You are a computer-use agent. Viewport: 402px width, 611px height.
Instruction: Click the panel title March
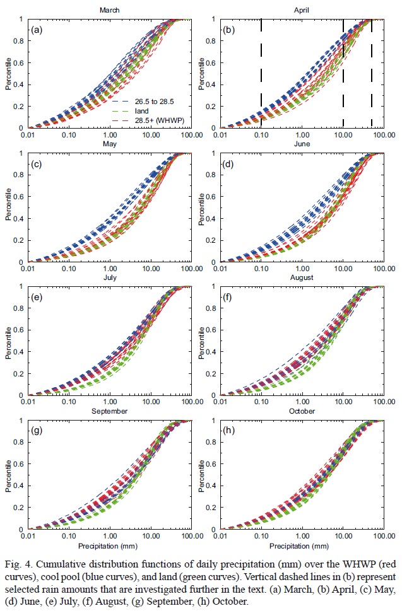[x=109, y=11]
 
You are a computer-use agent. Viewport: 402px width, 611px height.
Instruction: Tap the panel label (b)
[x=228, y=30]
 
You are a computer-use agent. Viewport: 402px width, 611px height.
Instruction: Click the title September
[x=109, y=412]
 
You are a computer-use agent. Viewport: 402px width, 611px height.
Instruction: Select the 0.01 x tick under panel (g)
[x=27, y=536]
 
